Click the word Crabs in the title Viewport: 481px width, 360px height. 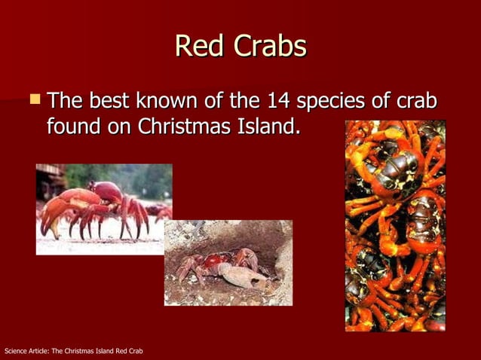(269, 46)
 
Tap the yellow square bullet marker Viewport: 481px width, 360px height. (34, 97)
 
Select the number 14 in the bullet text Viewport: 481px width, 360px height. (275, 100)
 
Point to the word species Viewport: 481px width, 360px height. (335, 101)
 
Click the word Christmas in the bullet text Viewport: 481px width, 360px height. (182, 126)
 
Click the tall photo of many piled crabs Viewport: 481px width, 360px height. (395, 225)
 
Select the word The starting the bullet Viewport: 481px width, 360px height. (66, 100)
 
